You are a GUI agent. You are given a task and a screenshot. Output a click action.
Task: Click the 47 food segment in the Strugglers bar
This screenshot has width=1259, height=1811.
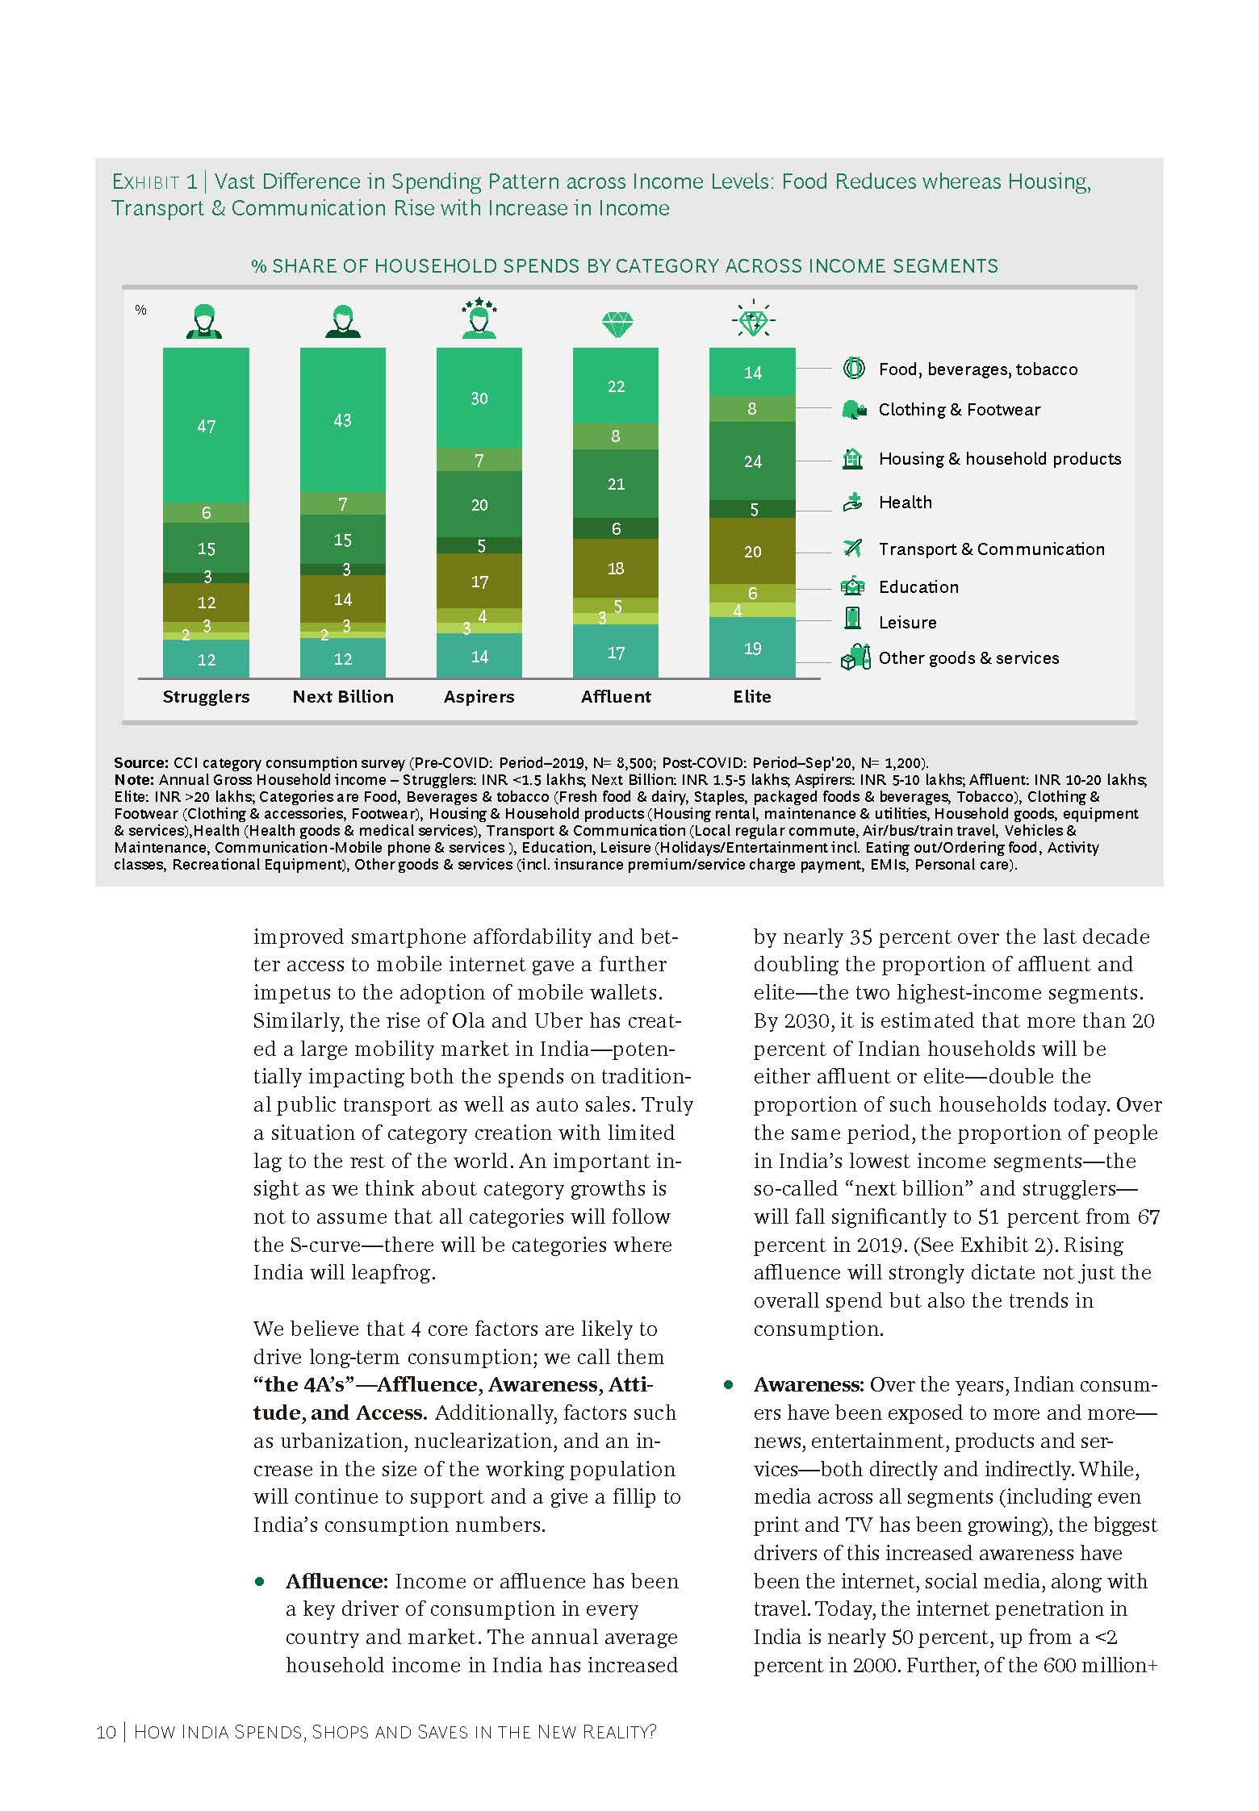tap(206, 426)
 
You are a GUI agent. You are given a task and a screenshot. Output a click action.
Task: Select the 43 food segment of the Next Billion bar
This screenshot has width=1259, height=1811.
tap(342, 420)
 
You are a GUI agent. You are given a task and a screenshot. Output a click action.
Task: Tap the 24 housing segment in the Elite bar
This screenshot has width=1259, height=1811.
tap(752, 461)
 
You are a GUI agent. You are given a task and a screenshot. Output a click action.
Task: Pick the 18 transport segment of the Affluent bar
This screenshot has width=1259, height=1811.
tap(616, 569)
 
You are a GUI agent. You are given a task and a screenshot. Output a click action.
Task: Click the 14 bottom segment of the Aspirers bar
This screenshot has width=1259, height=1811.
tap(479, 657)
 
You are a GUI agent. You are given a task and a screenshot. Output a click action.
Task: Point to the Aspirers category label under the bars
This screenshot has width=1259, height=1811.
tap(479, 697)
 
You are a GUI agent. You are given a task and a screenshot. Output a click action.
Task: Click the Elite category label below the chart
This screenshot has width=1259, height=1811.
tap(751, 697)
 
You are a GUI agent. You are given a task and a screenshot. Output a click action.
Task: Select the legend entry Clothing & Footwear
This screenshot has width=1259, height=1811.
tap(959, 410)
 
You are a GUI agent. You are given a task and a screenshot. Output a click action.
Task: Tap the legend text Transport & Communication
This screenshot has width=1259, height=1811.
tap(991, 549)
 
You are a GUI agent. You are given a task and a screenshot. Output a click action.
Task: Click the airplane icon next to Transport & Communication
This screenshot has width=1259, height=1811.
tap(852, 549)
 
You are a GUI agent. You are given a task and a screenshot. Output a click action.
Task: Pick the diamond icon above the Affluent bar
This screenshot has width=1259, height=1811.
tap(617, 324)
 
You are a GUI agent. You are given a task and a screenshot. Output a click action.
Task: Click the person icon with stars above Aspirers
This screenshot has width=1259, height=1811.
tap(479, 318)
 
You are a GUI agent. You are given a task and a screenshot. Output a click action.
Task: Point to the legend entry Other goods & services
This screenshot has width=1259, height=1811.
tap(968, 658)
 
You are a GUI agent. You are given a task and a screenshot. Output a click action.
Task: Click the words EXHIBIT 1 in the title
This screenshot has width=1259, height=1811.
tap(154, 182)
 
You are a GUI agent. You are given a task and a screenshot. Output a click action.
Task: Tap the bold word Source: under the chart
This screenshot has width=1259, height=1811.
tap(141, 763)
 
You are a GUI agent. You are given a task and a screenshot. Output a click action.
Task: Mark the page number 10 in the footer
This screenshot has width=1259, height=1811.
tap(106, 1732)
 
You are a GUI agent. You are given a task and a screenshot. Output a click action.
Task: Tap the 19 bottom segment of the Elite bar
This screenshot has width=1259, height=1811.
tap(752, 649)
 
